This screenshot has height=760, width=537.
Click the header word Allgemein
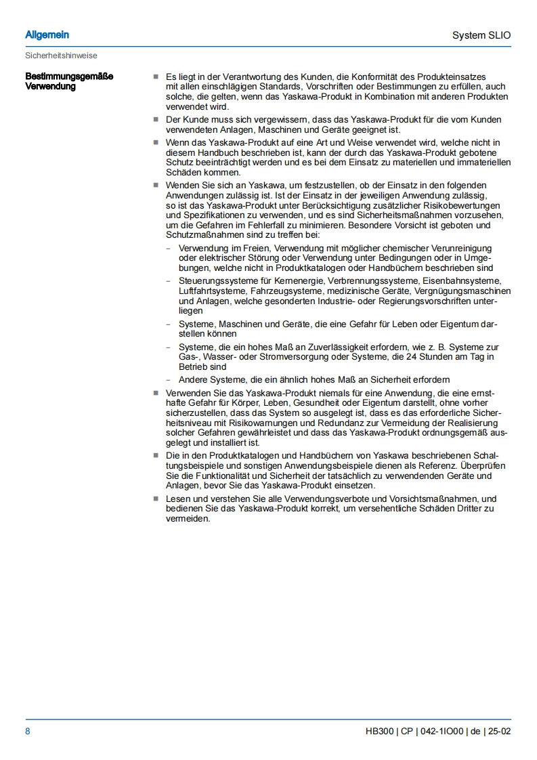point(47,35)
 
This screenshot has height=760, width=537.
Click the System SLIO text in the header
point(481,35)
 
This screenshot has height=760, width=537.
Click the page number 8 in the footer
point(28,732)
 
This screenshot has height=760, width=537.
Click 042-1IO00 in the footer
point(441,732)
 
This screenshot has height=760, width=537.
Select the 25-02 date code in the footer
point(500,732)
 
